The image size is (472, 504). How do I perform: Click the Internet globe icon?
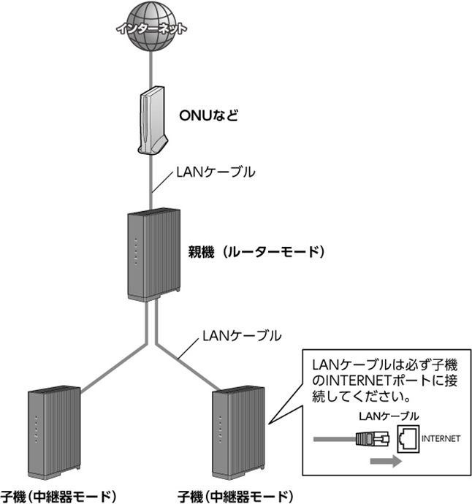tap(150, 28)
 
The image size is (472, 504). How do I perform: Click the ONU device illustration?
tap(152, 120)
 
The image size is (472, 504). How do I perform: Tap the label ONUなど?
tap(208, 115)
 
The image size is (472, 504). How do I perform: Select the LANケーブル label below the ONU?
tap(216, 173)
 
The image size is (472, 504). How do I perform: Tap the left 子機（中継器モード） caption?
tap(58, 495)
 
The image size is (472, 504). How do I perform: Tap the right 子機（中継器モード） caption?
tap(240, 495)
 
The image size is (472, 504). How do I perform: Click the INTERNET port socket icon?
tap(408, 439)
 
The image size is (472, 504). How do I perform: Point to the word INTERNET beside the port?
tap(441, 439)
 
